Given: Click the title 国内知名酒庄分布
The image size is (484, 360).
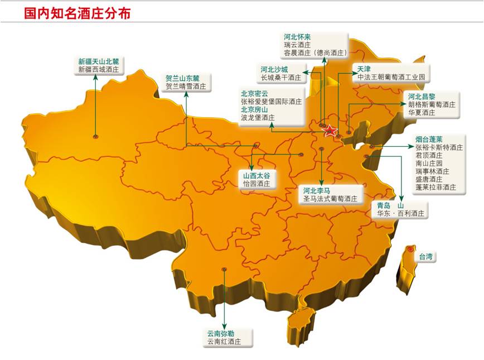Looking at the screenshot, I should point(78,14).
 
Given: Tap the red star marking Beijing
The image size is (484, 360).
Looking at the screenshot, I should point(330,131).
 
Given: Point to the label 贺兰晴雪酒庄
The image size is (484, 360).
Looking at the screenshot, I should point(186,87).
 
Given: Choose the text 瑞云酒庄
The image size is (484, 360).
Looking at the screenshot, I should point(297,45).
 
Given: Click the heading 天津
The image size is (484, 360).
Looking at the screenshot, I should point(364,69).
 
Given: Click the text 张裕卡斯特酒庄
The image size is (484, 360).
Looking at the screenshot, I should point(439,147).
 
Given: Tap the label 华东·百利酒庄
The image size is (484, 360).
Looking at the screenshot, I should point(401,213).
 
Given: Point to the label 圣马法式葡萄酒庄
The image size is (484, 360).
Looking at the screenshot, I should point(329,198).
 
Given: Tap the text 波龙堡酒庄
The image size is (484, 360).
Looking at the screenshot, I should point(258,118).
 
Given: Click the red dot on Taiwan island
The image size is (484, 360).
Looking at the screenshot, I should point(410,249).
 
